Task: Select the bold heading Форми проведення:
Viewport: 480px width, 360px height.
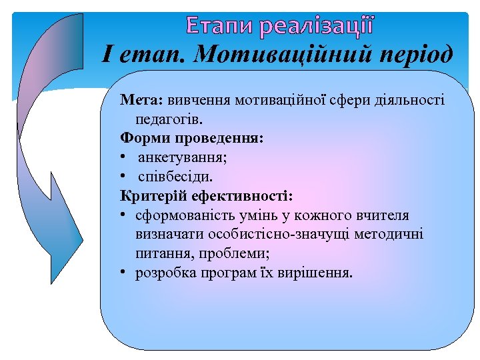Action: click(192, 139)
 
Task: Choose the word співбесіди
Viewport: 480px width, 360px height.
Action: click(176, 177)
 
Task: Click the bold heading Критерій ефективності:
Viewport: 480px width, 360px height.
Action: click(205, 196)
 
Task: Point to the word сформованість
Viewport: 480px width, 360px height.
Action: click(176, 215)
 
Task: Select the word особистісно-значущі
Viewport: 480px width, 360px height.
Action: click(256, 235)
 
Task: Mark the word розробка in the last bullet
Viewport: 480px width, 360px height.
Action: click(160, 273)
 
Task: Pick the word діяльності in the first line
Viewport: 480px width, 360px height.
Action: click(411, 100)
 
